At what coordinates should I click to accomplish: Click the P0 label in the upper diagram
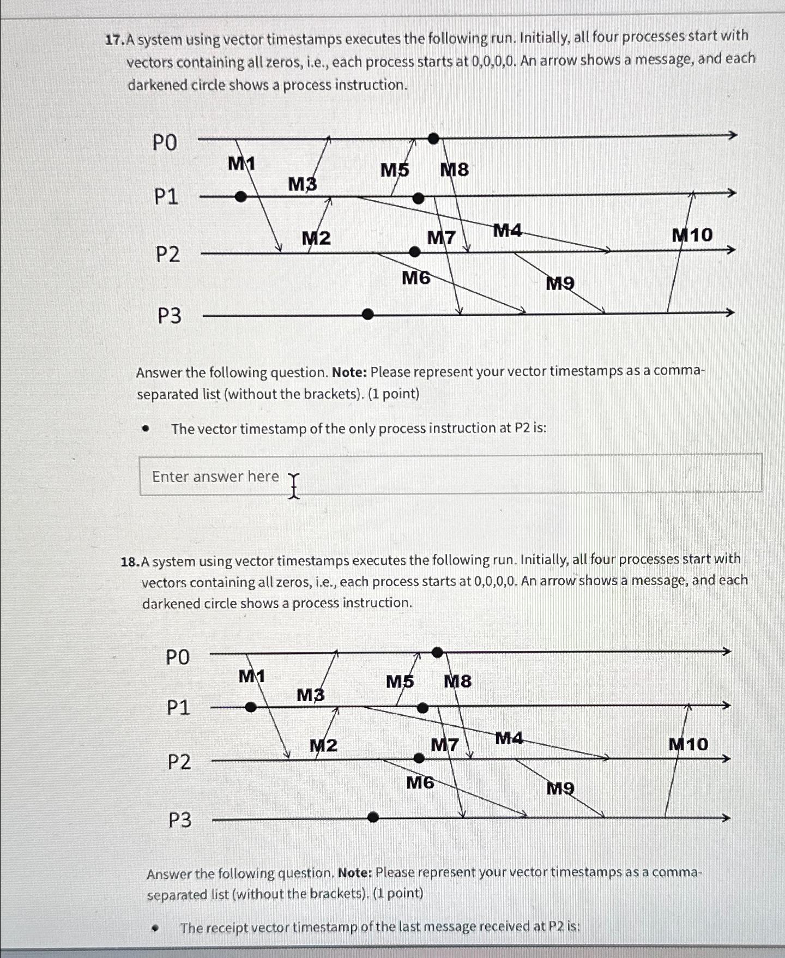coord(165,143)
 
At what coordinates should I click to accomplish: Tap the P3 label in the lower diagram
coord(179,820)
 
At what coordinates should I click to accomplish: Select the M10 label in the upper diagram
coord(692,235)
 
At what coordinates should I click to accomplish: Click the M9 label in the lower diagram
coord(560,788)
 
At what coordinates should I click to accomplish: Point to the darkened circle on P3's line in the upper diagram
coord(368,314)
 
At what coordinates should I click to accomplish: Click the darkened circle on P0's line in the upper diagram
coord(433,138)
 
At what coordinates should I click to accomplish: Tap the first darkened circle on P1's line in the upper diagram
coord(240,196)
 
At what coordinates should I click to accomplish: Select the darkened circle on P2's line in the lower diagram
coord(419,758)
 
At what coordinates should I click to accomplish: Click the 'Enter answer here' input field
coord(450,475)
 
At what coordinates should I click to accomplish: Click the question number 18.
coord(130,562)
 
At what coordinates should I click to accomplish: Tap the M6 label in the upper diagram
coord(416,278)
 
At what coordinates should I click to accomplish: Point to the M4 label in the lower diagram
coord(509,738)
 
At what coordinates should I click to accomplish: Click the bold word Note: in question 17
coord(349,372)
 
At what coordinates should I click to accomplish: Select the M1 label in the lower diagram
coord(251,677)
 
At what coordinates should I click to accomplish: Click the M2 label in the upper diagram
coord(316,238)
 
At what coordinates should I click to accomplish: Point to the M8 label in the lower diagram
coord(457,682)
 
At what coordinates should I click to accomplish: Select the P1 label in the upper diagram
coord(166,196)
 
